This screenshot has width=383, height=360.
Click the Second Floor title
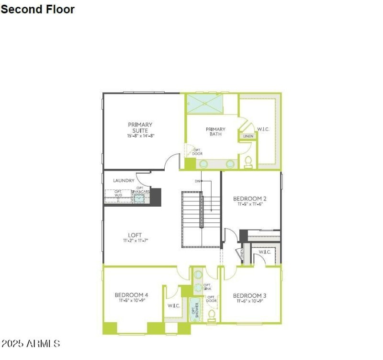click(x=37, y=9)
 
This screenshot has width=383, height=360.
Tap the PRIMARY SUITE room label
click(x=140, y=128)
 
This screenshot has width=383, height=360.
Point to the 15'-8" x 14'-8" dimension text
click(x=140, y=136)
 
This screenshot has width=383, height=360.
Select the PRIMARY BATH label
click(x=215, y=131)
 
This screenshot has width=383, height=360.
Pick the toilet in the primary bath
click(x=248, y=162)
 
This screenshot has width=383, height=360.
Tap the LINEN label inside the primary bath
click(x=248, y=136)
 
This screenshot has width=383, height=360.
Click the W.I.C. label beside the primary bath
click(x=264, y=129)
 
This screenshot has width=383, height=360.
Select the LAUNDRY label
click(x=124, y=181)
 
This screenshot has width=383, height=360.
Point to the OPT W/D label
click(x=118, y=194)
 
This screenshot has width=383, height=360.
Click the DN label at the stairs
click(x=197, y=181)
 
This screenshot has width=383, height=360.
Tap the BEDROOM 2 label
click(x=250, y=198)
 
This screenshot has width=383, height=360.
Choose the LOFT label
click(x=135, y=235)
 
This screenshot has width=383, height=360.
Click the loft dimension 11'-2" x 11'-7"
click(x=135, y=241)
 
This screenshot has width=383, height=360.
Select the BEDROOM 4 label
click(x=131, y=295)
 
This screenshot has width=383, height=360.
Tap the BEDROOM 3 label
click(x=249, y=295)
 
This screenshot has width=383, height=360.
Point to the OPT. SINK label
click(x=207, y=287)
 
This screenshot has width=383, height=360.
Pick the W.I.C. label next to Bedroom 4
click(x=173, y=305)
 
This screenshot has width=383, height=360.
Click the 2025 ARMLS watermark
click(x=31, y=344)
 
